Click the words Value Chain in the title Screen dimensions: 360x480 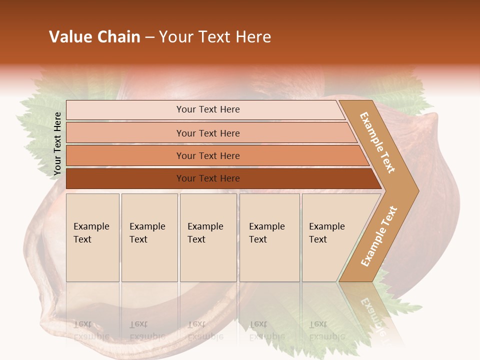click(94, 37)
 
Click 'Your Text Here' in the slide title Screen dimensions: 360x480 click(215, 37)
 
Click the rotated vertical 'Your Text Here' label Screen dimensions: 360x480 click(57, 143)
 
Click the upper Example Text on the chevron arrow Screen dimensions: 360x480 click(377, 142)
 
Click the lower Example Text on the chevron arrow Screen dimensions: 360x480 click(378, 236)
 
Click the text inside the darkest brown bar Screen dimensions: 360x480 click(208, 178)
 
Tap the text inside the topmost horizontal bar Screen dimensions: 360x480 click(208, 109)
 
